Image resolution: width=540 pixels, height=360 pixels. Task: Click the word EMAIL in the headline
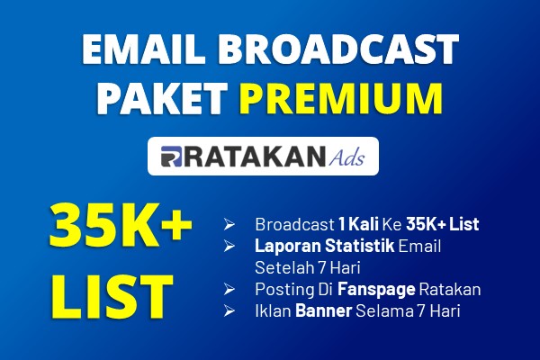[x=141, y=49]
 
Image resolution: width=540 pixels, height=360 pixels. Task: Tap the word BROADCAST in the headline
[x=338, y=49]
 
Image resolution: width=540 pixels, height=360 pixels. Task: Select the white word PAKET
[x=161, y=98]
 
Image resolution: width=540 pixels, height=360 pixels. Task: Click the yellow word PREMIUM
[x=341, y=98]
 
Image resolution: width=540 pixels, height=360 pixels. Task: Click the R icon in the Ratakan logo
[x=171, y=157]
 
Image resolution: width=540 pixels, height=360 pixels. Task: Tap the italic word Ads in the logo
[x=346, y=157]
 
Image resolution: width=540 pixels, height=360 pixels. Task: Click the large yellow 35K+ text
[x=121, y=226]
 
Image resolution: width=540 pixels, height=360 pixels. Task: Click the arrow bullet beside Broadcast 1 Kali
[x=229, y=225]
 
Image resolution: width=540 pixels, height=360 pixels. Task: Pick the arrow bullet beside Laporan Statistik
[x=229, y=246]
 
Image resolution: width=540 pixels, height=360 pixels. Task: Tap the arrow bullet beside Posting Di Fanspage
[x=229, y=289]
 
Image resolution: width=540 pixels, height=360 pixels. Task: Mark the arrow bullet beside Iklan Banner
[x=229, y=310]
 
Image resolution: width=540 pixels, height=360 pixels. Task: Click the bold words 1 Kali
[x=358, y=224]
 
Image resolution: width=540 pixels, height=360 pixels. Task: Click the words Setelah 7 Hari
[x=308, y=267]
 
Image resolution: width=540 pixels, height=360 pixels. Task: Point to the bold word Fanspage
[x=376, y=290]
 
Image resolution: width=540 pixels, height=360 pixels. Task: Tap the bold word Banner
[x=323, y=310]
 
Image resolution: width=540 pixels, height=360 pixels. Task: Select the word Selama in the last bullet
[x=384, y=310]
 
